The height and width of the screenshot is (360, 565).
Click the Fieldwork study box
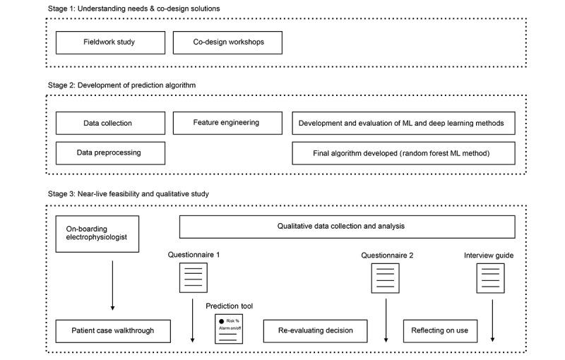point(110,42)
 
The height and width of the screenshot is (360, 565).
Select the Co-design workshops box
point(227,42)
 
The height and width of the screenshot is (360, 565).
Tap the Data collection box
point(110,123)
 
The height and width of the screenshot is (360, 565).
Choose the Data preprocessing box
point(110,152)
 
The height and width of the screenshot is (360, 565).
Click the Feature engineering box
point(227,123)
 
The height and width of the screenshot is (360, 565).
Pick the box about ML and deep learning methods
point(403,123)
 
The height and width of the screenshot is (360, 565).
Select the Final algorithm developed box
point(403,152)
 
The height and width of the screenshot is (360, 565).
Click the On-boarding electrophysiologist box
point(97,234)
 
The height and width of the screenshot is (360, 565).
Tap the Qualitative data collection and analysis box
point(347,227)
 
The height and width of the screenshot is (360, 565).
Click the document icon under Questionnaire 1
point(194,277)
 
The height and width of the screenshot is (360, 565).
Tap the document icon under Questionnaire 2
point(386,277)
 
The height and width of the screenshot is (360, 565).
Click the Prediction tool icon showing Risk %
point(229,329)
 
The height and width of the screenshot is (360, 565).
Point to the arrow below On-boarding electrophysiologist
point(112,282)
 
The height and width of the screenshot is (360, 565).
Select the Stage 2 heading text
point(121,85)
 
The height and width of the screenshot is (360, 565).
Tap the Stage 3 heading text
point(128,193)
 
